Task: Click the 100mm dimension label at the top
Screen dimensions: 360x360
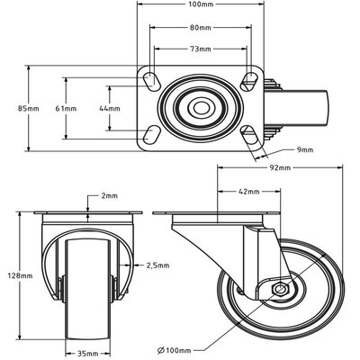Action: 201,6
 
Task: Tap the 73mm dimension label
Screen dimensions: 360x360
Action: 201,50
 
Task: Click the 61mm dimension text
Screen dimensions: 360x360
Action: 65,109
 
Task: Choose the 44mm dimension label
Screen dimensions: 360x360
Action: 94,109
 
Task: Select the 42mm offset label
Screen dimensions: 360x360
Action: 249,191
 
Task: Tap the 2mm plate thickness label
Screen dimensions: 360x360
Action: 110,195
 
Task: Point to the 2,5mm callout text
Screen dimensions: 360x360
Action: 158,265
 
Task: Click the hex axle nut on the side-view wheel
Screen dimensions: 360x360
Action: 281,290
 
